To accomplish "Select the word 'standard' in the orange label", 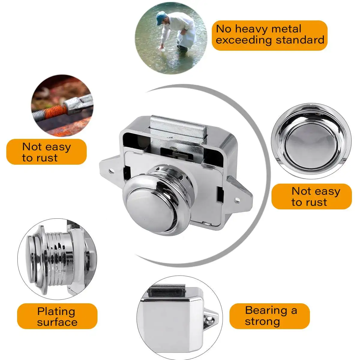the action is pyautogui.click(x=300, y=40).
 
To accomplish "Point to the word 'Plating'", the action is pyautogui.click(x=56, y=312).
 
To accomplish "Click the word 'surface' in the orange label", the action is pyautogui.click(x=57, y=322).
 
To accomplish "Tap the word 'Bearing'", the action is pyautogui.click(x=266, y=311).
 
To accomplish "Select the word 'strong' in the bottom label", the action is pyautogui.click(x=262, y=322).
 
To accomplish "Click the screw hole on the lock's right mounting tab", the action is pyautogui.click(x=238, y=200).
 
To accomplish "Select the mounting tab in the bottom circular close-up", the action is pyautogui.click(x=210, y=320).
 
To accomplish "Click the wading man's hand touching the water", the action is pyautogui.click(x=162, y=47).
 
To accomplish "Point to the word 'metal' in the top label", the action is pyautogui.click(x=286, y=29).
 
